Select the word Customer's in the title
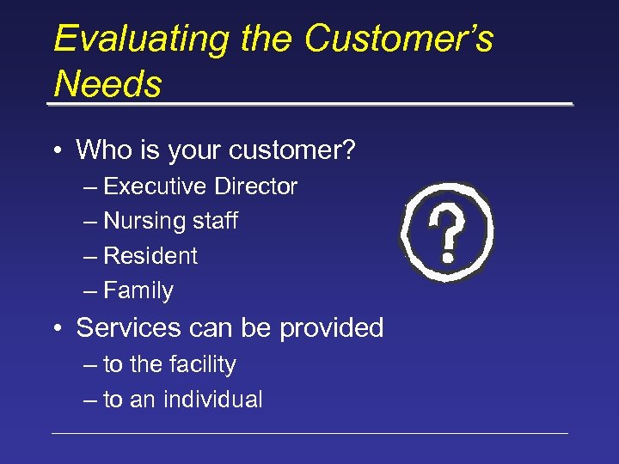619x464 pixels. point(398,40)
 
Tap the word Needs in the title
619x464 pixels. point(107,84)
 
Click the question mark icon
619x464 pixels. point(447,233)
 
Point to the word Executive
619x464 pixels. point(155,186)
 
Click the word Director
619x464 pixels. point(255,186)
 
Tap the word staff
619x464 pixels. point(215,222)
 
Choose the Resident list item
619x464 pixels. point(150,256)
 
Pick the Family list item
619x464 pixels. point(138,291)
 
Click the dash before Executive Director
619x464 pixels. point(91,187)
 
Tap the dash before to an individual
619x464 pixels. point(91,400)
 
